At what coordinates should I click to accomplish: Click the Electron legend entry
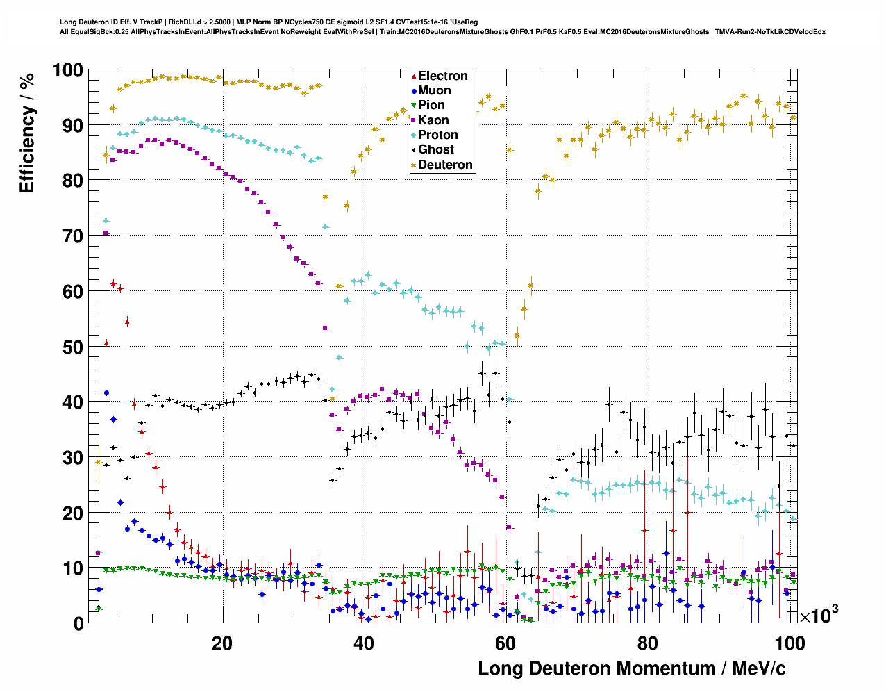[442, 76]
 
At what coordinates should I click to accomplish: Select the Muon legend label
[434, 90]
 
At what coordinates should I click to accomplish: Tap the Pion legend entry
[431, 105]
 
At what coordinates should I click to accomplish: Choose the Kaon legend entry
[433, 120]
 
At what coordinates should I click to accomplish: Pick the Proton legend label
[437, 135]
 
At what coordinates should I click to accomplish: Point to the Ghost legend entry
[435, 149]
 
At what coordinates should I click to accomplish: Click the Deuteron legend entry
[444, 165]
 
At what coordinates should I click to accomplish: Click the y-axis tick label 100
[67, 70]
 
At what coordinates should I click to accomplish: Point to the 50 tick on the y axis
[73, 347]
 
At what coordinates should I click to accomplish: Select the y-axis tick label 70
[73, 236]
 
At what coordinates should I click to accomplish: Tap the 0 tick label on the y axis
[78, 624]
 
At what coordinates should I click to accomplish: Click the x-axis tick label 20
[222, 643]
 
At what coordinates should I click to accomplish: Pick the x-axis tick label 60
[505, 643]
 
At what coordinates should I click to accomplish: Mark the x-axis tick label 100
[789, 643]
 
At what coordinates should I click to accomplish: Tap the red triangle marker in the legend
[415, 76]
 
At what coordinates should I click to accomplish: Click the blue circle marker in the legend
[415, 90]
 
